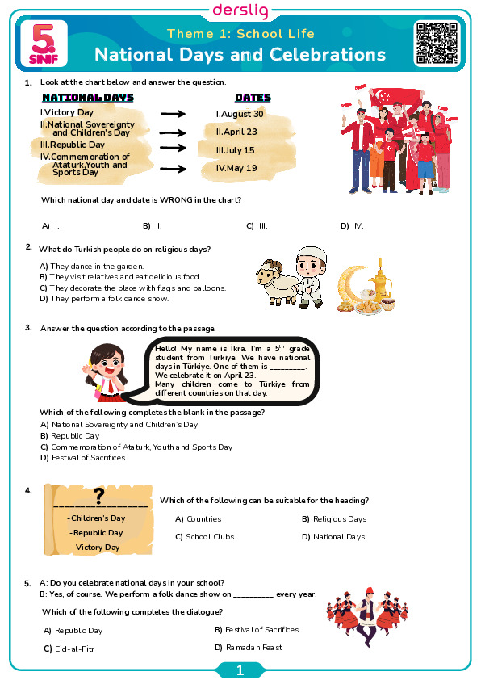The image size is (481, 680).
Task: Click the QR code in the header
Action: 437,43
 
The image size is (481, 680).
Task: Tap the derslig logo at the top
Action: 240,10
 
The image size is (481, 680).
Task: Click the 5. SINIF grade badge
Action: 44,44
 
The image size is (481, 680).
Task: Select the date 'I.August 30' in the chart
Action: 240,114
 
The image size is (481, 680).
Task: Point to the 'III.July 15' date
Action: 236,150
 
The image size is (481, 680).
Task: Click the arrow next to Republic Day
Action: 173,148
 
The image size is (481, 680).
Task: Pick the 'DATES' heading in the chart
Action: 253,98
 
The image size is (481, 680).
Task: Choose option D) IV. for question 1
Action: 353,226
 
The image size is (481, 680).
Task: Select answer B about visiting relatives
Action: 120,277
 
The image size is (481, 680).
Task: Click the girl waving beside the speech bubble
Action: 107,371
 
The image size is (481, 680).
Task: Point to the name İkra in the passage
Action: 238,349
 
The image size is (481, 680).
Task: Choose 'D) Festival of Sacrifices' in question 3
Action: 83,458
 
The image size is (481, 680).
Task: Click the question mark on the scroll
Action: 99,496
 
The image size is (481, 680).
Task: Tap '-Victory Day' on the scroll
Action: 96,548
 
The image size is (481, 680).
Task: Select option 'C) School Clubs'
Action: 204,537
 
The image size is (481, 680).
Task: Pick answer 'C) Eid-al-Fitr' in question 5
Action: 69,649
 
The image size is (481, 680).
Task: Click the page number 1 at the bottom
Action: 240,670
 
